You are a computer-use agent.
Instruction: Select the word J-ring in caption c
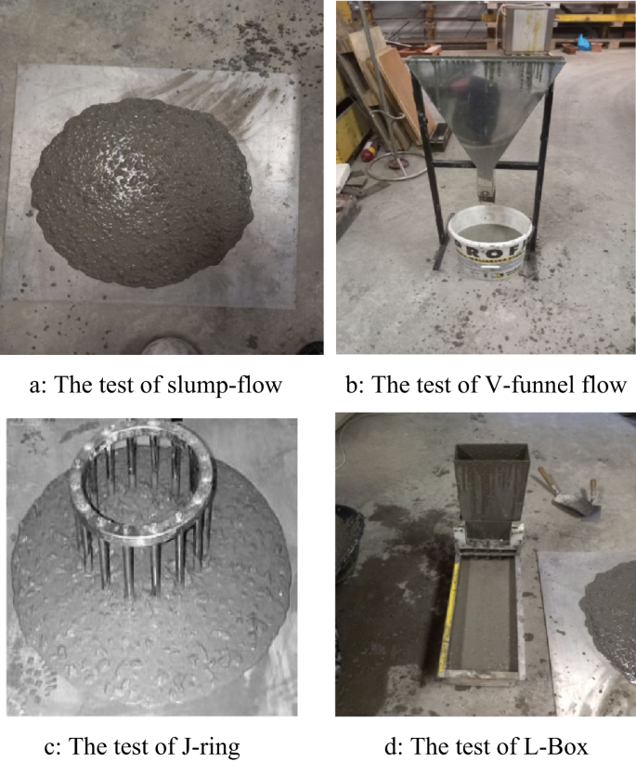(x=209, y=746)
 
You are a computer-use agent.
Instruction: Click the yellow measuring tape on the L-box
(x=449, y=615)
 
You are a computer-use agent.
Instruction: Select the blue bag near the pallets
(x=582, y=42)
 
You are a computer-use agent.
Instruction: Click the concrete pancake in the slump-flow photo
(x=141, y=193)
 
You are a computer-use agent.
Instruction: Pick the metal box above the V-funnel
(x=528, y=28)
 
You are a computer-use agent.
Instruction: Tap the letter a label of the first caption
(x=34, y=386)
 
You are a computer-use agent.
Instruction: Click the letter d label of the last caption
(x=390, y=746)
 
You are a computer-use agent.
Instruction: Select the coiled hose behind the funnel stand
(x=394, y=166)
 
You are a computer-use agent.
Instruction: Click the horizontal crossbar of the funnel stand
(x=483, y=166)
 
